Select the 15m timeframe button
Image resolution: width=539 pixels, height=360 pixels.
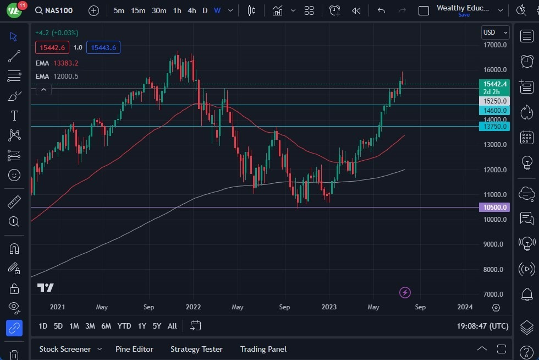(x=138, y=10)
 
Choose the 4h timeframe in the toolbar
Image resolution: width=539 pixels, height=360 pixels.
(x=191, y=10)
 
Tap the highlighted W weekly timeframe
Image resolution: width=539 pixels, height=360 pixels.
(x=217, y=10)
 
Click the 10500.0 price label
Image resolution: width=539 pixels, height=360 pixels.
(x=494, y=208)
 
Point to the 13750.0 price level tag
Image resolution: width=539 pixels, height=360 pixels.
(x=494, y=127)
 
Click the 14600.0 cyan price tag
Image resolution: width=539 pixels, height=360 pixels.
(x=494, y=111)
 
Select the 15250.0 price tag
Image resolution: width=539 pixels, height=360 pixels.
(x=494, y=101)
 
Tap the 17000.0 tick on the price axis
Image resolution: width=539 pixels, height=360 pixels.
(x=494, y=45)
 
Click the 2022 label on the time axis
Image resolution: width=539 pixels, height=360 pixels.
(x=193, y=307)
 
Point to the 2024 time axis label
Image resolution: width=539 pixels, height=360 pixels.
(x=465, y=307)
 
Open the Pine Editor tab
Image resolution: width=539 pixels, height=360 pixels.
(x=134, y=349)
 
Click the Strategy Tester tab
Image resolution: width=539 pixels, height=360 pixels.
(x=196, y=349)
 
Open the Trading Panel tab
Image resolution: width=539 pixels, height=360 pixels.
(x=263, y=349)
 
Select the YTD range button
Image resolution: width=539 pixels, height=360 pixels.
(x=124, y=326)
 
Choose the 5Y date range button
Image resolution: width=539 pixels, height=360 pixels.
(x=157, y=326)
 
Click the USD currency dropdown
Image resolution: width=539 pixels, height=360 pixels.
(x=495, y=32)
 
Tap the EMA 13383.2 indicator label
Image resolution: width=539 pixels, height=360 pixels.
(x=57, y=63)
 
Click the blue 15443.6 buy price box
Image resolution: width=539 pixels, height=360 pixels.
(x=103, y=48)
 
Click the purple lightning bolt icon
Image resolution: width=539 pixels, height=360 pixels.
(x=405, y=292)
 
